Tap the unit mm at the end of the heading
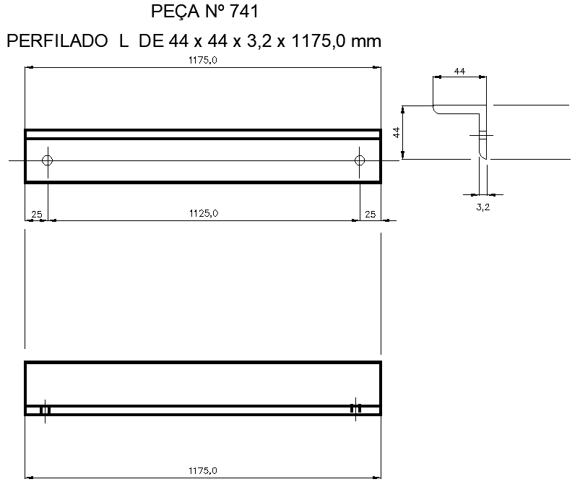pos(365,42)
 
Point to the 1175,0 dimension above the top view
pos(203,61)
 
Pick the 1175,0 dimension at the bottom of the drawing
pos(203,470)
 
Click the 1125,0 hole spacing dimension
pos(203,212)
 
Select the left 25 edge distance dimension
pos(36,213)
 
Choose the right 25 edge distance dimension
pos(370,213)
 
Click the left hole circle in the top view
pos(48,160)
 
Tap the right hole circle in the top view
pos(360,160)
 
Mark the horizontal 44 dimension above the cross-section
pos(459,71)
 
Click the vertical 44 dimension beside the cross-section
pos(397,132)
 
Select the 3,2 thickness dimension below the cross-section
pos(483,207)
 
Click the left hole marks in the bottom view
pos(45,410)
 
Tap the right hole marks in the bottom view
pos(355,409)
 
